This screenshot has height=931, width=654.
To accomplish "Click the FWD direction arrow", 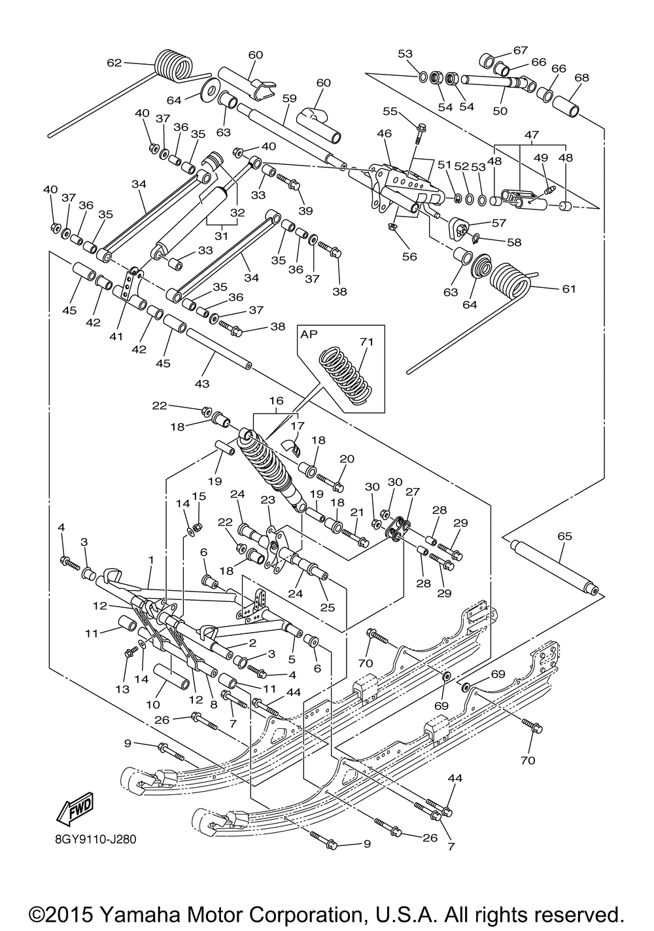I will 74,807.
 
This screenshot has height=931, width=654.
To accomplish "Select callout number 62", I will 114,63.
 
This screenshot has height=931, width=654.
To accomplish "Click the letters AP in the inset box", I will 309,334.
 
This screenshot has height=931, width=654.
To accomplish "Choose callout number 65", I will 564,536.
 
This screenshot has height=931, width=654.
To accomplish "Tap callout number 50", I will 500,111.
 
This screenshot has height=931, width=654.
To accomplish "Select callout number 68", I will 581,78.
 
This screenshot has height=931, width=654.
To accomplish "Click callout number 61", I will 569,289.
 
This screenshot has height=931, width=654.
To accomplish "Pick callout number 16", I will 276,400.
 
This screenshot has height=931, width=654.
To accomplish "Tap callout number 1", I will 151,560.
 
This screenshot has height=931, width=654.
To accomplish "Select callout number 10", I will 152,705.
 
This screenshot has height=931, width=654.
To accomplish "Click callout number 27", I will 413,492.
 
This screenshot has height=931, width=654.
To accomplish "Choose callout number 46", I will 384,133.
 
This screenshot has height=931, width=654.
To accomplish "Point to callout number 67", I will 520,50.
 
